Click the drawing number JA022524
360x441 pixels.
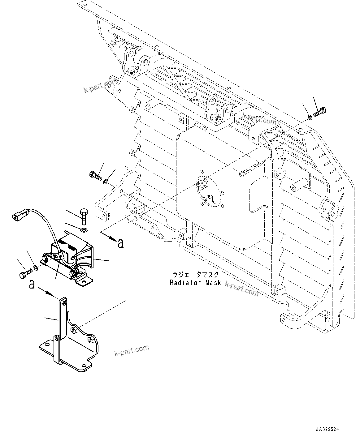click(327, 430)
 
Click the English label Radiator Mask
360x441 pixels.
click(195, 282)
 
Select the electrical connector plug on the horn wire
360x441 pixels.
click(20, 216)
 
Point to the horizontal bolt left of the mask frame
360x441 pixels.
click(95, 175)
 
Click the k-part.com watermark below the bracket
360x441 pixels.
click(131, 350)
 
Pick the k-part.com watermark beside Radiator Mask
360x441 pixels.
click(241, 288)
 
